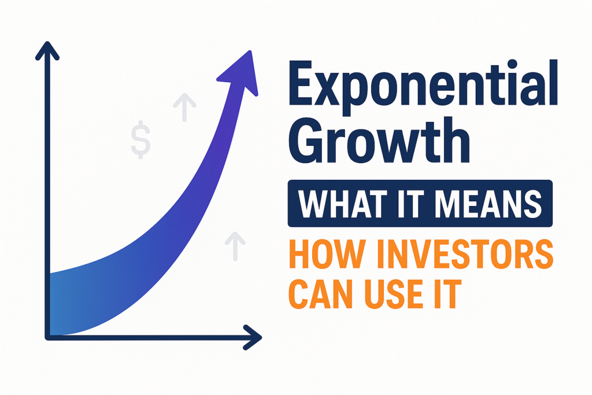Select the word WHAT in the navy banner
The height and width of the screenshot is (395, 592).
[329, 203]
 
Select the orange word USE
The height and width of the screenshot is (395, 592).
[388, 294]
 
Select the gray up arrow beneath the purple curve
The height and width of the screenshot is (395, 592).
[234, 244]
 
